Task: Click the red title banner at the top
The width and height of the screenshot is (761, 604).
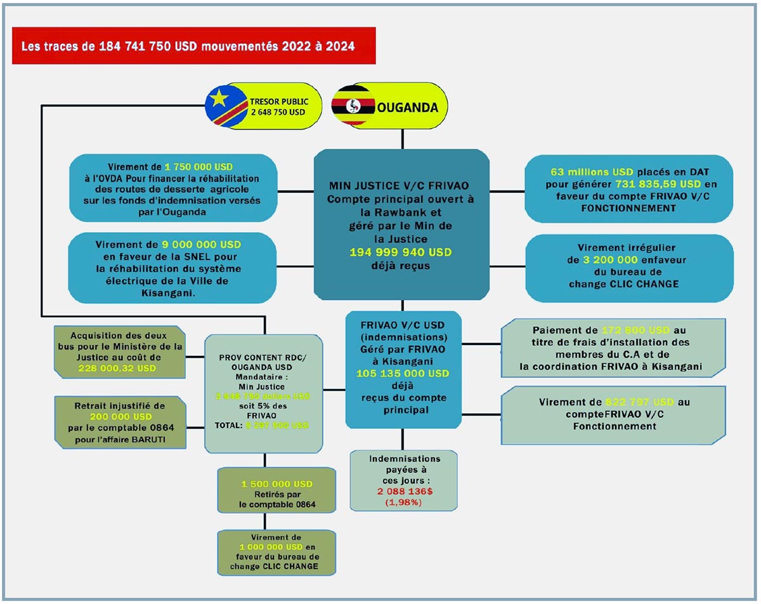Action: tap(193, 46)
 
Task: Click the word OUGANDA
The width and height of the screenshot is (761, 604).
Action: tap(408, 107)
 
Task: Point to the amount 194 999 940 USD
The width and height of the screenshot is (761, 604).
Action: tap(401, 252)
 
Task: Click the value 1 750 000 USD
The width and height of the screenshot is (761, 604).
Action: tap(198, 166)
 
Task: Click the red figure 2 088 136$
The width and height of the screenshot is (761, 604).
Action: tap(396, 492)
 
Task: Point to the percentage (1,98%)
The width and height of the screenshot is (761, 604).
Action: tap(396, 502)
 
